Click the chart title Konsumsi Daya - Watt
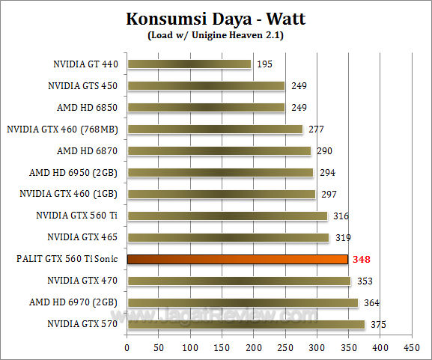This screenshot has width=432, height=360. (216, 18)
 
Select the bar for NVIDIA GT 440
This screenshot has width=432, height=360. (189, 64)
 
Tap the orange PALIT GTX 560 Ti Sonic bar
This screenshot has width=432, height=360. (237, 260)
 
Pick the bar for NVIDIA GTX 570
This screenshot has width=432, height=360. (246, 325)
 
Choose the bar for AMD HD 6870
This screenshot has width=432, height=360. (219, 151)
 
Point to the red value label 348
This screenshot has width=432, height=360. (362, 260)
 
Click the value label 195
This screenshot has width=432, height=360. (264, 64)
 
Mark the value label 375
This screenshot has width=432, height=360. (377, 325)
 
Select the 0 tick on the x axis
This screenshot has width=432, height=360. (127, 348)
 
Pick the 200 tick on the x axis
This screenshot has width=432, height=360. (254, 348)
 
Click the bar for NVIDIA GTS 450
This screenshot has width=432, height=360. (206, 86)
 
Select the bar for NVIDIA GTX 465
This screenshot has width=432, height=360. (228, 238)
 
